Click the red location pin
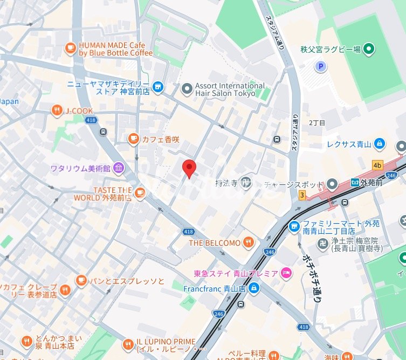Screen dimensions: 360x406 click(188, 168)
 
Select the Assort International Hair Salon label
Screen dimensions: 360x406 click(230, 89)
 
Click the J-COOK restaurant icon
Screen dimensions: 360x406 click(57, 110)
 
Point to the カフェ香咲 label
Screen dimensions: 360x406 click(160, 140)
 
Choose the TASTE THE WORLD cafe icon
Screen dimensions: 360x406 click(140, 192)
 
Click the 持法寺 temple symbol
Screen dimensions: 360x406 click(246, 183)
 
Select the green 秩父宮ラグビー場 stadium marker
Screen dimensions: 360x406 click(369, 50)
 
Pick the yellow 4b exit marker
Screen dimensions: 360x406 click(377, 165)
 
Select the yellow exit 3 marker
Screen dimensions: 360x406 click(302, 195)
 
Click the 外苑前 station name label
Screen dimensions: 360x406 click(372, 182)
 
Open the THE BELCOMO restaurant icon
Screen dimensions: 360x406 click(248, 243)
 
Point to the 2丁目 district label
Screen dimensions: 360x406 click(317, 123)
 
